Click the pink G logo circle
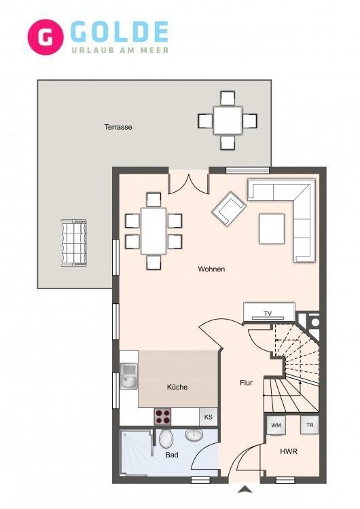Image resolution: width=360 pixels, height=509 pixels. pos(46,37)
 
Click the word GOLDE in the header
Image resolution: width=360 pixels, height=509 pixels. pos(119,32)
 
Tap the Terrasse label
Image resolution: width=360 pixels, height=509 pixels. pos(118,127)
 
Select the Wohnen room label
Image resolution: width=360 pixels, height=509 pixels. pos(211,269)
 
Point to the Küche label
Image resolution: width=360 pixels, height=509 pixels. pos(177,387)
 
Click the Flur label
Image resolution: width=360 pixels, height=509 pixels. pos(247,383)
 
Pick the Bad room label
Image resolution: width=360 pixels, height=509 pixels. pos(172,455)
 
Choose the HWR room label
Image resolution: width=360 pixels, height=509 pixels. pos(289,451)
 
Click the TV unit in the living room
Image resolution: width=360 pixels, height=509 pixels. pos(270,312)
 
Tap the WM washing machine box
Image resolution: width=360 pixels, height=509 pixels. pos(276,425)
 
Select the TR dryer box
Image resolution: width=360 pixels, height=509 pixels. pos(310,425)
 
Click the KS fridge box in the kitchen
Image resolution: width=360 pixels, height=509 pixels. pos(209,417)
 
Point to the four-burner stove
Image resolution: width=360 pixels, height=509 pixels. pos(163,417)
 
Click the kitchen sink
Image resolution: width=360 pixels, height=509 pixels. pos(129,376)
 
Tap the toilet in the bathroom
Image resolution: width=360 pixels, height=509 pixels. pos(166,438)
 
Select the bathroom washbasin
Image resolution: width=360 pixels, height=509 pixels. pos(194,434)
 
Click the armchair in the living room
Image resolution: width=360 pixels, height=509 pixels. pos(228,208)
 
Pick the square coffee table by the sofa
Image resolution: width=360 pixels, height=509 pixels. pos(272,229)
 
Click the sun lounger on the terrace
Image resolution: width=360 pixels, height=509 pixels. pos(74,243)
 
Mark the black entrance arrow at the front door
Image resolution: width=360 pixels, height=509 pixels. pos(245,489)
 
